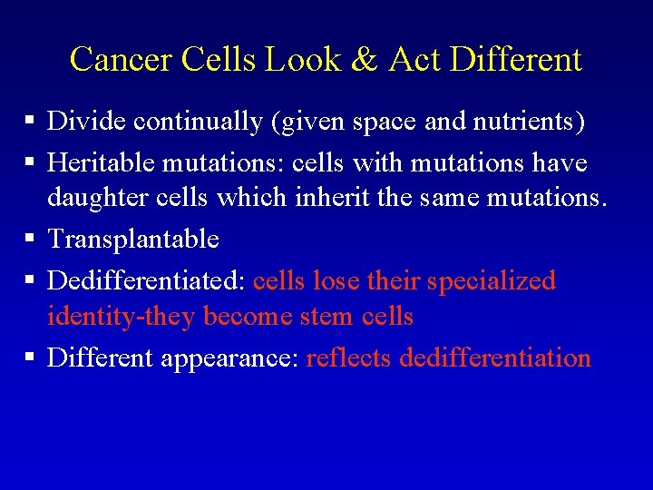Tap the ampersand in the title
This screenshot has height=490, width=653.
tap(364, 60)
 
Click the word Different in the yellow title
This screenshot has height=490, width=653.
tap(514, 60)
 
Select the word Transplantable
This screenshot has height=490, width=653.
tap(133, 239)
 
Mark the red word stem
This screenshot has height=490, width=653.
tap(326, 316)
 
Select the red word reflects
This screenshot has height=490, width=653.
tap(349, 358)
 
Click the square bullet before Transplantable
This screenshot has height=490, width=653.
tap(30, 239)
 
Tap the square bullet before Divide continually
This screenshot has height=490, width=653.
tap(30, 121)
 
